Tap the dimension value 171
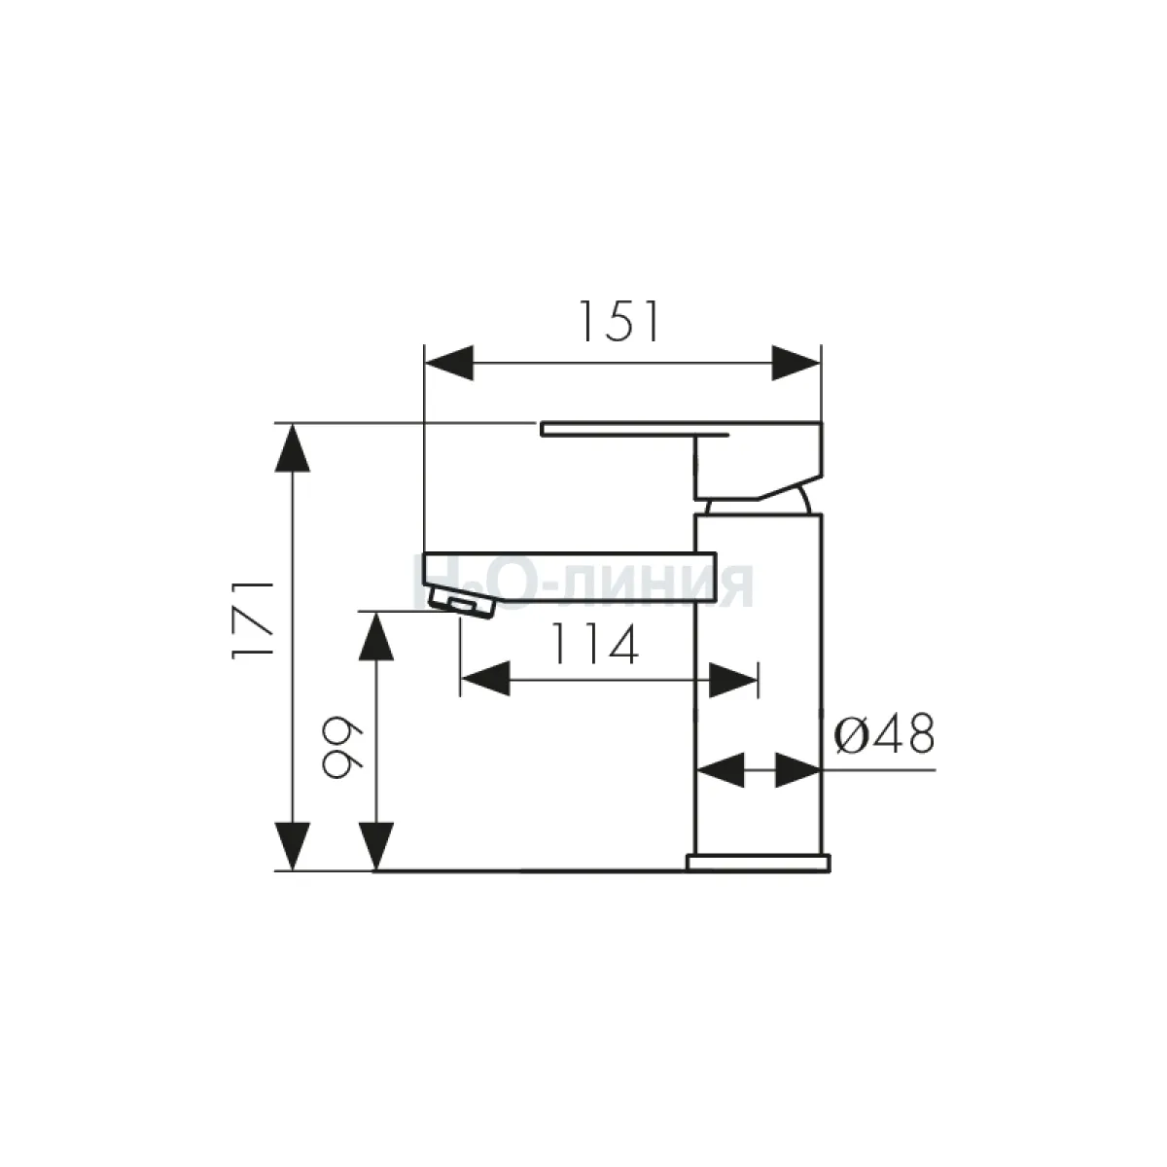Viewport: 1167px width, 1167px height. (254, 619)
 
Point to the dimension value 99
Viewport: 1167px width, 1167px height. (342, 749)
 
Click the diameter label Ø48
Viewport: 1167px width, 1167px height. (884, 734)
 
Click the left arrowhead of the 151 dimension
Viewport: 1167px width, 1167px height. (448, 364)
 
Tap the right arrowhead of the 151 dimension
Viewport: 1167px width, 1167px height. (796, 364)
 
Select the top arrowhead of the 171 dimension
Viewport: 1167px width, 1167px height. (293, 447)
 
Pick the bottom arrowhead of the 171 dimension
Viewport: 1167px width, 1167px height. (293, 846)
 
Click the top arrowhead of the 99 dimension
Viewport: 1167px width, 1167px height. (376, 636)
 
